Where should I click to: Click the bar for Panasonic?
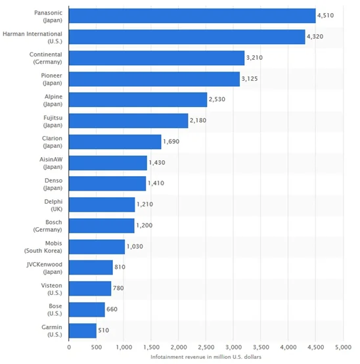tap(192, 16)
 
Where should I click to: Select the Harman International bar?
tap(187, 37)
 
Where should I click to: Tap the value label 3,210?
tap(254, 58)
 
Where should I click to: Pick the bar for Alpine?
tap(138, 100)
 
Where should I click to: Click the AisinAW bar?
tap(108, 163)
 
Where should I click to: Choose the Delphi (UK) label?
tap(51, 205)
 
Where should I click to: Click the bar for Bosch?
tap(101, 226)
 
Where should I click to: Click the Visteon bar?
tap(90, 288)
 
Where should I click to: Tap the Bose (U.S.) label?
tap(51, 309)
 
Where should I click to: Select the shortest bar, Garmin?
tap(83, 330)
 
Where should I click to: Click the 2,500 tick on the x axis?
tap(206, 346)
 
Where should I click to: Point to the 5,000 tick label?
tap(342, 346)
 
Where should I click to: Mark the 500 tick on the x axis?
tap(96, 346)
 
